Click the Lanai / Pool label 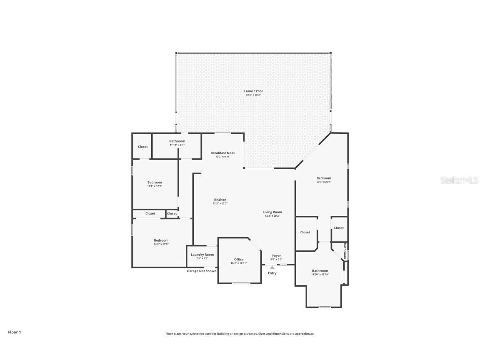pyautogui.click(x=253, y=91)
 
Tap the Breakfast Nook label pyautogui.click(x=222, y=153)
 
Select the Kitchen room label pyautogui.click(x=220, y=200)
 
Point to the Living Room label pyautogui.click(x=272, y=212)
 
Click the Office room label pyautogui.click(x=239, y=259)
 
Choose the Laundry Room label pyautogui.click(x=202, y=255)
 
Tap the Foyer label pyautogui.click(x=276, y=255)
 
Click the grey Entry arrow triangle pyautogui.click(x=272, y=267)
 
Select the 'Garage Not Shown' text pyautogui.click(x=201, y=271)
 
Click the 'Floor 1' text pyautogui.click(x=14, y=332)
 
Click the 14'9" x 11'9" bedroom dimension pyautogui.click(x=161, y=244)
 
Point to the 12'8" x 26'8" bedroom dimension pyautogui.click(x=324, y=182)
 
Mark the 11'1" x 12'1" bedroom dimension pyautogui.click(x=154, y=186)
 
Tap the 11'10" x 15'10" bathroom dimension pyautogui.click(x=320, y=274)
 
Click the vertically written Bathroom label pyautogui.click(x=345, y=251)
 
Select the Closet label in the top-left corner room pyautogui.click(x=142, y=147)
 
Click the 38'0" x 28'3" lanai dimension pyautogui.click(x=253, y=95)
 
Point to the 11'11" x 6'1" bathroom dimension pyautogui.click(x=177, y=145)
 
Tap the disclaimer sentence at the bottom pyautogui.click(x=240, y=334)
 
